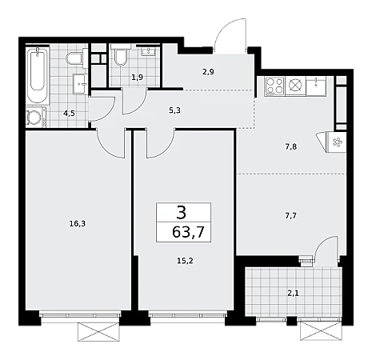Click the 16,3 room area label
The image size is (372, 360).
click(78, 224)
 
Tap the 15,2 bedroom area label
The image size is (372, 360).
click(185, 261)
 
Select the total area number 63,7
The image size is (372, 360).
click(188, 232)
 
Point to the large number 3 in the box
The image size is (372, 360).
click(182, 213)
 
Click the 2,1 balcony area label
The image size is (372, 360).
click(293, 294)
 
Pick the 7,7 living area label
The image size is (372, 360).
click(291, 215)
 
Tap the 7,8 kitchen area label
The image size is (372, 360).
click(291, 146)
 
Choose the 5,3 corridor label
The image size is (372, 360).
click(174, 110)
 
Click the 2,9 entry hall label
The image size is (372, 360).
click(208, 72)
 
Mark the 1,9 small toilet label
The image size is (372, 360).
click(138, 78)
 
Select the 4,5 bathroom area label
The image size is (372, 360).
click(69, 114)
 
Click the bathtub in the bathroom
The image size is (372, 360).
click(38, 74)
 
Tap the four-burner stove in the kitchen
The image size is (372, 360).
click(274, 86)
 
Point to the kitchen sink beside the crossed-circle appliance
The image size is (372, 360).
click(316, 86)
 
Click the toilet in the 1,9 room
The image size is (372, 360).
click(121, 55)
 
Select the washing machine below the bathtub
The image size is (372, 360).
click(36, 117)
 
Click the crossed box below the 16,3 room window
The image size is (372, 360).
click(98, 331)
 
